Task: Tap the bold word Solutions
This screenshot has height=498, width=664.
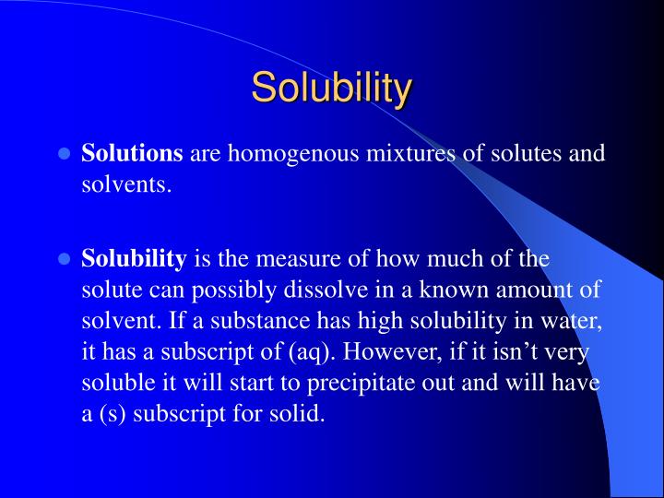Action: pos(133,153)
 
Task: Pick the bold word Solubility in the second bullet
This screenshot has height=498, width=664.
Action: pos(134,258)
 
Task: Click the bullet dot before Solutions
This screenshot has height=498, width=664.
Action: pos(65,154)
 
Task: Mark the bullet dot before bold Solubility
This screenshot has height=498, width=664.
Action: pos(65,259)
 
